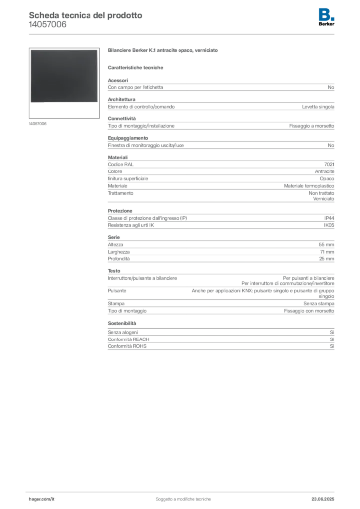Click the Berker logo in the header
tap(326, 17)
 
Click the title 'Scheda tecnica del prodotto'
tap(86, 15)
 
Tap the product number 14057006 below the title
tap(47, 25)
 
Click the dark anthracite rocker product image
tap(64, 76)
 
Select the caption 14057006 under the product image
tap(38, 124)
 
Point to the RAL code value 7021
tap(329, 164)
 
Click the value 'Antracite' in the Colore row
tap(324, 171)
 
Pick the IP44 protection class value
tap(329, 218)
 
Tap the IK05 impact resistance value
tap(329, 225)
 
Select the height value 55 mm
tap(326, 245)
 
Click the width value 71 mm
tap(327, 252)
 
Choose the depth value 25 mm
tap(326, 258)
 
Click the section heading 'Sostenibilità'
tap(122, 323)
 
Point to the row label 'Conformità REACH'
tap(129, 339)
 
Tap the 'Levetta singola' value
tap(318, 107)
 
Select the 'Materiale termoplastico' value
tap(309, 186)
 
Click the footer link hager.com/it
tap(42, 499)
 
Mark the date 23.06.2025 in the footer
tap(323, 499)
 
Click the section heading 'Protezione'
tap(120, 211)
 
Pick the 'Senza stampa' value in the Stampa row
tap(319, 304)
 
